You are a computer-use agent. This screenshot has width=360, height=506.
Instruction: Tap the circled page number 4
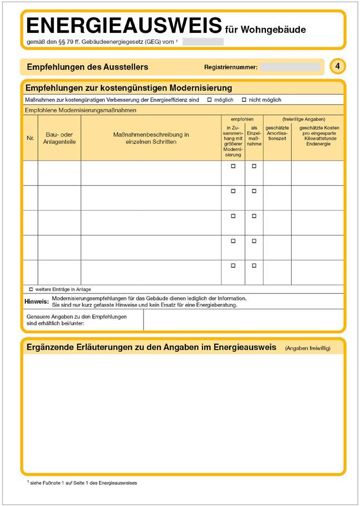click(x=337, y=67)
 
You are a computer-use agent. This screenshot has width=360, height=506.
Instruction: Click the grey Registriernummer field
click(x=290, y=67)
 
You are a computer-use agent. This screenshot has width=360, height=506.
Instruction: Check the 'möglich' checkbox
click(x=209, y=100)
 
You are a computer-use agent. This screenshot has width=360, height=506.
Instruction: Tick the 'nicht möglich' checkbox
click(x=244, y=100)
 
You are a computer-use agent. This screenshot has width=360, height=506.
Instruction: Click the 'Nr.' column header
click(x=30, y=138)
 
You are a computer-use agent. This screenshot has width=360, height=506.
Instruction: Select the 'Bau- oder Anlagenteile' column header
click(x=60, y=138)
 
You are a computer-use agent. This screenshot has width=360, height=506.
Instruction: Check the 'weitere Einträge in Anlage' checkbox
click(x=31, y=289)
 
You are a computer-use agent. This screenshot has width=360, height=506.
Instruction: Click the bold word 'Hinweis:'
click(x=37, y=301)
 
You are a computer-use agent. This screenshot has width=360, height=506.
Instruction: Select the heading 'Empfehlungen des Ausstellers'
click(x=87, y=67)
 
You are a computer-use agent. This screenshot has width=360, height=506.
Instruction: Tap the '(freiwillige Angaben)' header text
click(x=303, y=119)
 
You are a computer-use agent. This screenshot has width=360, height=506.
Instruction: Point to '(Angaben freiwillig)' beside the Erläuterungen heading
click(x=307, y=348)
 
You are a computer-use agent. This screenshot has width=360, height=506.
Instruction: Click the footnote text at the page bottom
click(x=82, y=483)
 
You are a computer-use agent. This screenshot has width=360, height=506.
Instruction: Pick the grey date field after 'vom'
click(x=203, y=42)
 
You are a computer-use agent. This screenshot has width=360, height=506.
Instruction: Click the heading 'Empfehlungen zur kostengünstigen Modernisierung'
click(x=129, y=88)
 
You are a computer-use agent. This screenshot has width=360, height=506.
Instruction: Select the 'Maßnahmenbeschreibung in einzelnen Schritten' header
click(x=151, y=138)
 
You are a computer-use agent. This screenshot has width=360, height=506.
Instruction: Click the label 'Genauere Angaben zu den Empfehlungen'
click(x=76, y=316)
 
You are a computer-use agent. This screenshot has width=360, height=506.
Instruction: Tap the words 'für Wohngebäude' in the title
click(x=265, y=30)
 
